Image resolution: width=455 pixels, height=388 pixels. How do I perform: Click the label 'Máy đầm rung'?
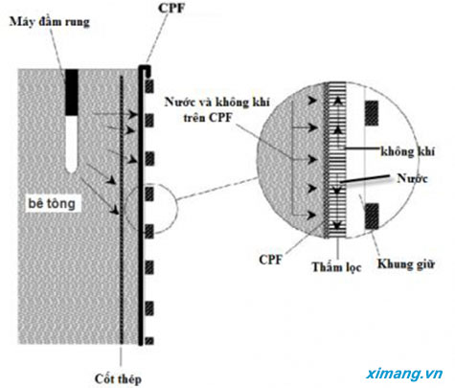[50, 22]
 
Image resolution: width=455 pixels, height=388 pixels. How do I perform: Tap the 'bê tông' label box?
[52, 203]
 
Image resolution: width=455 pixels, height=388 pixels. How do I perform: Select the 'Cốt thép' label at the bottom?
[118, 378]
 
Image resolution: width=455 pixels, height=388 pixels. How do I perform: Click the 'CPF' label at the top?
[171, 9]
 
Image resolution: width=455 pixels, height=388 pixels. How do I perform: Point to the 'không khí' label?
[408, 151]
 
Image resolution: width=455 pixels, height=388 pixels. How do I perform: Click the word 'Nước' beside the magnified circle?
[412, 178]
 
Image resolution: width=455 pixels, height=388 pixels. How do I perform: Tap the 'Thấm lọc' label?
[336, 266]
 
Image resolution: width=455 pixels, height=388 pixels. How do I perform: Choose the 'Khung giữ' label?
[406, 264]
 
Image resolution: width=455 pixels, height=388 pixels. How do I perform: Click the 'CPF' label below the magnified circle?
[271, 260]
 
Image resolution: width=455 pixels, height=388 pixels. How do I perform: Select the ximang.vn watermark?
[404, 374]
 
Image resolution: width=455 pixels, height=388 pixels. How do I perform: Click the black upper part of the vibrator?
[72, 92]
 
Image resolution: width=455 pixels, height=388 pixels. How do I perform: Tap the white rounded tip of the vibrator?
[72, 144]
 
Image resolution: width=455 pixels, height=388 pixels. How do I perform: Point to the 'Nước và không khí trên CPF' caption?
[217, 109]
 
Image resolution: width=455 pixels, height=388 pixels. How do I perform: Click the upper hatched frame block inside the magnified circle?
[372, 113]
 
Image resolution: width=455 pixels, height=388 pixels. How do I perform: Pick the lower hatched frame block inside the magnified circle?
[372, 217]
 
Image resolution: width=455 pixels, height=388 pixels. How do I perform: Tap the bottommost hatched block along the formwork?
[149, 341]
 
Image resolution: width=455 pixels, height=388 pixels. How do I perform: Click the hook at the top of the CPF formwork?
[146, 69]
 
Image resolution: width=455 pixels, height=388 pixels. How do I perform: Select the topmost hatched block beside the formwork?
[149, 86]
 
